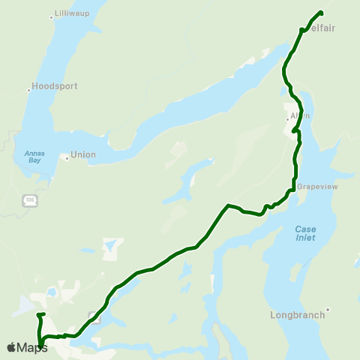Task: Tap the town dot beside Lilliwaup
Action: coord(52,16)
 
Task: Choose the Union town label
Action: coord(83,155)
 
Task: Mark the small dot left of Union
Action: coord(66,157)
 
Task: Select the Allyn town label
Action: coord(300,116)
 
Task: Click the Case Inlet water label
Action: coord(305,233)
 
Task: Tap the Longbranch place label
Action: coord(298,315)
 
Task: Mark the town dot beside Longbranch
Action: coord(328,308)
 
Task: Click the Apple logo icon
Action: coord(10,347)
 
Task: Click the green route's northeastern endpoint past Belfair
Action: coord(321,12)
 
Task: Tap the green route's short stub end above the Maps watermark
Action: coord(45,314)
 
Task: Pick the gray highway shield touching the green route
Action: coord(94,315)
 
